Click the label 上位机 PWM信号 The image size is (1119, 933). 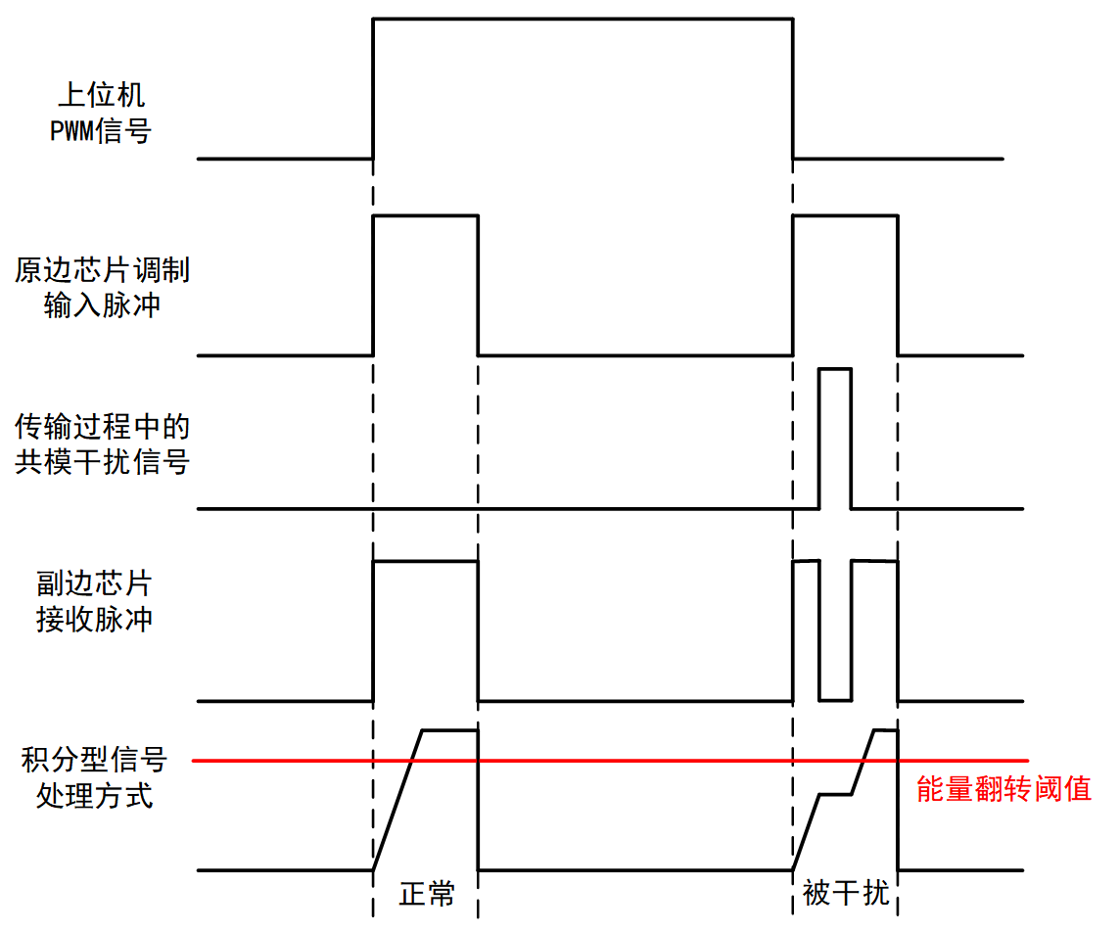click(101, 113)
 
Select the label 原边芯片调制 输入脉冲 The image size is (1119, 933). click(102, 288)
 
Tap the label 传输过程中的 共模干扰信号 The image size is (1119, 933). click(102, 444)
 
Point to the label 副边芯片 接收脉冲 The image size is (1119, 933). click(94, 602)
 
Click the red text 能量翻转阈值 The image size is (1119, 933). click(1003, 789)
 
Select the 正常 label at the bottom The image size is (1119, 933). click(427, 893)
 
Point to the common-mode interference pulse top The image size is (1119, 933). click(835, 369)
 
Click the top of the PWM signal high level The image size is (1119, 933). click(583, 19)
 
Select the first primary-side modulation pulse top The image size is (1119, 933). click(425, 214)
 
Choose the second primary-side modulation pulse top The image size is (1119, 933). click(844, 214)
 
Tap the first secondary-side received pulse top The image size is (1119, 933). click(425, 561)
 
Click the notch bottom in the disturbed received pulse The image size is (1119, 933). click(835, 699)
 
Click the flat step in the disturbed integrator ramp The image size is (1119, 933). click(835, 794)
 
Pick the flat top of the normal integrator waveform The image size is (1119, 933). click(449, 730)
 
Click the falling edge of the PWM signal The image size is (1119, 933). click(792, 88)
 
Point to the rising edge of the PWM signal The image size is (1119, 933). click(373, 88)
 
